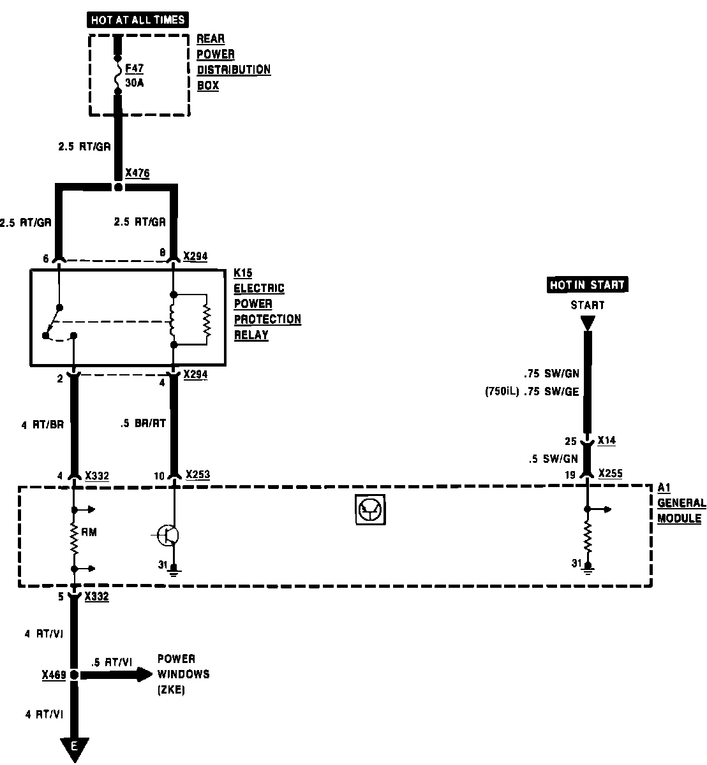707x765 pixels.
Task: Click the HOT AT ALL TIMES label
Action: click(138, 20)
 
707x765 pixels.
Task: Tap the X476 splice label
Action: click(137, 173)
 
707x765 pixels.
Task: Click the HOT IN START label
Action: click(587, 285)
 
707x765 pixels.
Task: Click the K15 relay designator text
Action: click(242, 273)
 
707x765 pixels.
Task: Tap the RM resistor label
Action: click(89, 532)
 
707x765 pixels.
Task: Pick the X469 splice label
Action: click(54, 674)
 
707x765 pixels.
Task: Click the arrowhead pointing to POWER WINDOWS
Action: click(144, 674)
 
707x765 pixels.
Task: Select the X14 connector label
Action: click(607, 441)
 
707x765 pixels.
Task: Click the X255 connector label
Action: click(610, 474)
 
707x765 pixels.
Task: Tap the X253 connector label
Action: click(197, 475)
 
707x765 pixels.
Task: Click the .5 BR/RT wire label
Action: click(143, 423)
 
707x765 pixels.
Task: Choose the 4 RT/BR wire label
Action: click(43, 425)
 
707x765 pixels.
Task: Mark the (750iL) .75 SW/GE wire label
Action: click(532, 391)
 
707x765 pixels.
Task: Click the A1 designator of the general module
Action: click(664, 488)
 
